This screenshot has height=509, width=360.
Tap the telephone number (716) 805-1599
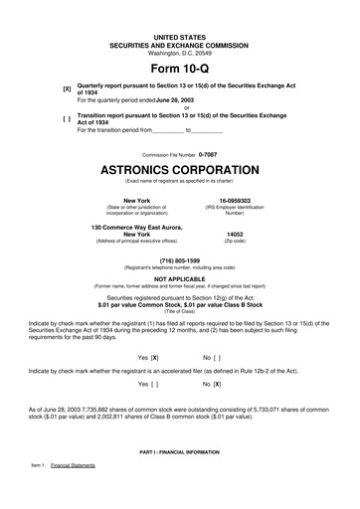click(x=179, y=259)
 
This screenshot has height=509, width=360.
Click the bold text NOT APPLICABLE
click(x=179, y=279)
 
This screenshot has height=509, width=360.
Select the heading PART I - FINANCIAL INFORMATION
click(x=179, y=452)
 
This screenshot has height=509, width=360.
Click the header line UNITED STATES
click(x=179, y=36)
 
